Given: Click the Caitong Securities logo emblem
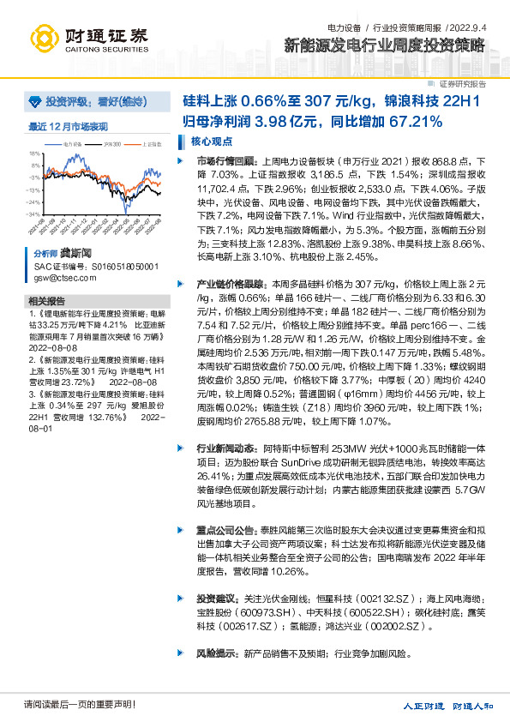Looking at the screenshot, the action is click(x=45, y=37).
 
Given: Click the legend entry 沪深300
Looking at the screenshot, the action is click(x=111, y=145).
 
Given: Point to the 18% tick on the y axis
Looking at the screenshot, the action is click(x=35, y=154).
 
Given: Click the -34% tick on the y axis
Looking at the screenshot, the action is click(x=33, y=214).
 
